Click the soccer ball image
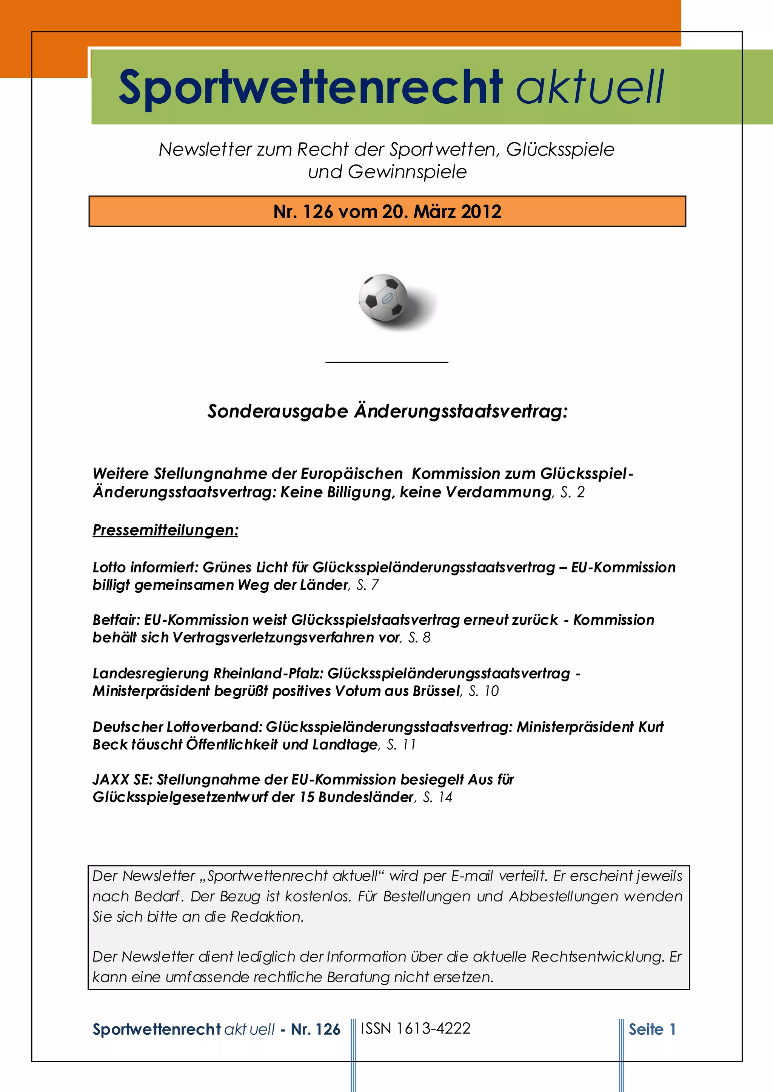point(383,298)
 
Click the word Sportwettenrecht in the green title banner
point(310,87)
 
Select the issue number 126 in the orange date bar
point(317,212)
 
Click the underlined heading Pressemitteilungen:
point(165,530)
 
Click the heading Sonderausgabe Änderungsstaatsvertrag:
point(388,411)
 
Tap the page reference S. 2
point(573,492)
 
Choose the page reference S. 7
point(368,585)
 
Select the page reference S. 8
point(419,638)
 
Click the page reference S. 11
point(401,744)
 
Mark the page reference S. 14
point(437,797)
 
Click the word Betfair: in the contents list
point(117,620)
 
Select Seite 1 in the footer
point(652,1029)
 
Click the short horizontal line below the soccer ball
point(386,362)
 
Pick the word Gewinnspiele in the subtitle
point(407,172)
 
